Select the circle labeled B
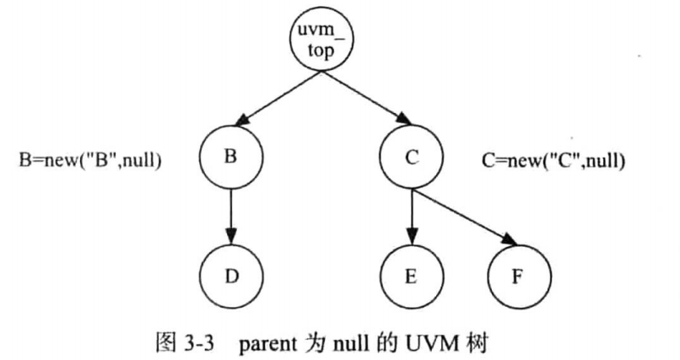(231, 158)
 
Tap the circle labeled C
(411, 158)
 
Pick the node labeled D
(231, 277)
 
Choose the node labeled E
(411, 277)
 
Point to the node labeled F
(519, 277)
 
